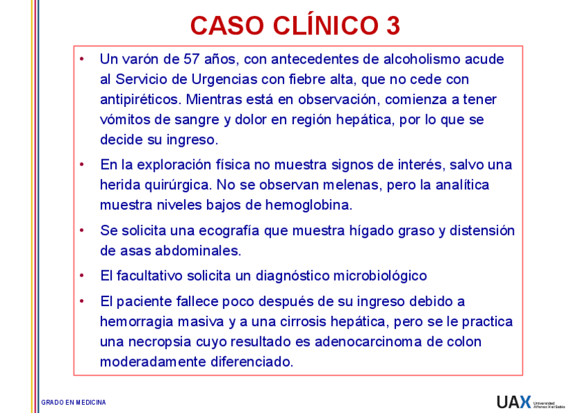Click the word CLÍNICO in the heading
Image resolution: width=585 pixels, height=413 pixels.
tap(321, 26)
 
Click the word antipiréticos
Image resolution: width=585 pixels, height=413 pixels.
tap(140, 99)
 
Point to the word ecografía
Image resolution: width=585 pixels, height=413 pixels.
tap(231, 230)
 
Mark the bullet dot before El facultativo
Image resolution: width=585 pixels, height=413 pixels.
tap(82, 276)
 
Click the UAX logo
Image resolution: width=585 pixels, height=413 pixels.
tap(514, 401)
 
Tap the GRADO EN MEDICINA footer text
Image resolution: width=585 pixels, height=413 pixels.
tap(74, 402)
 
